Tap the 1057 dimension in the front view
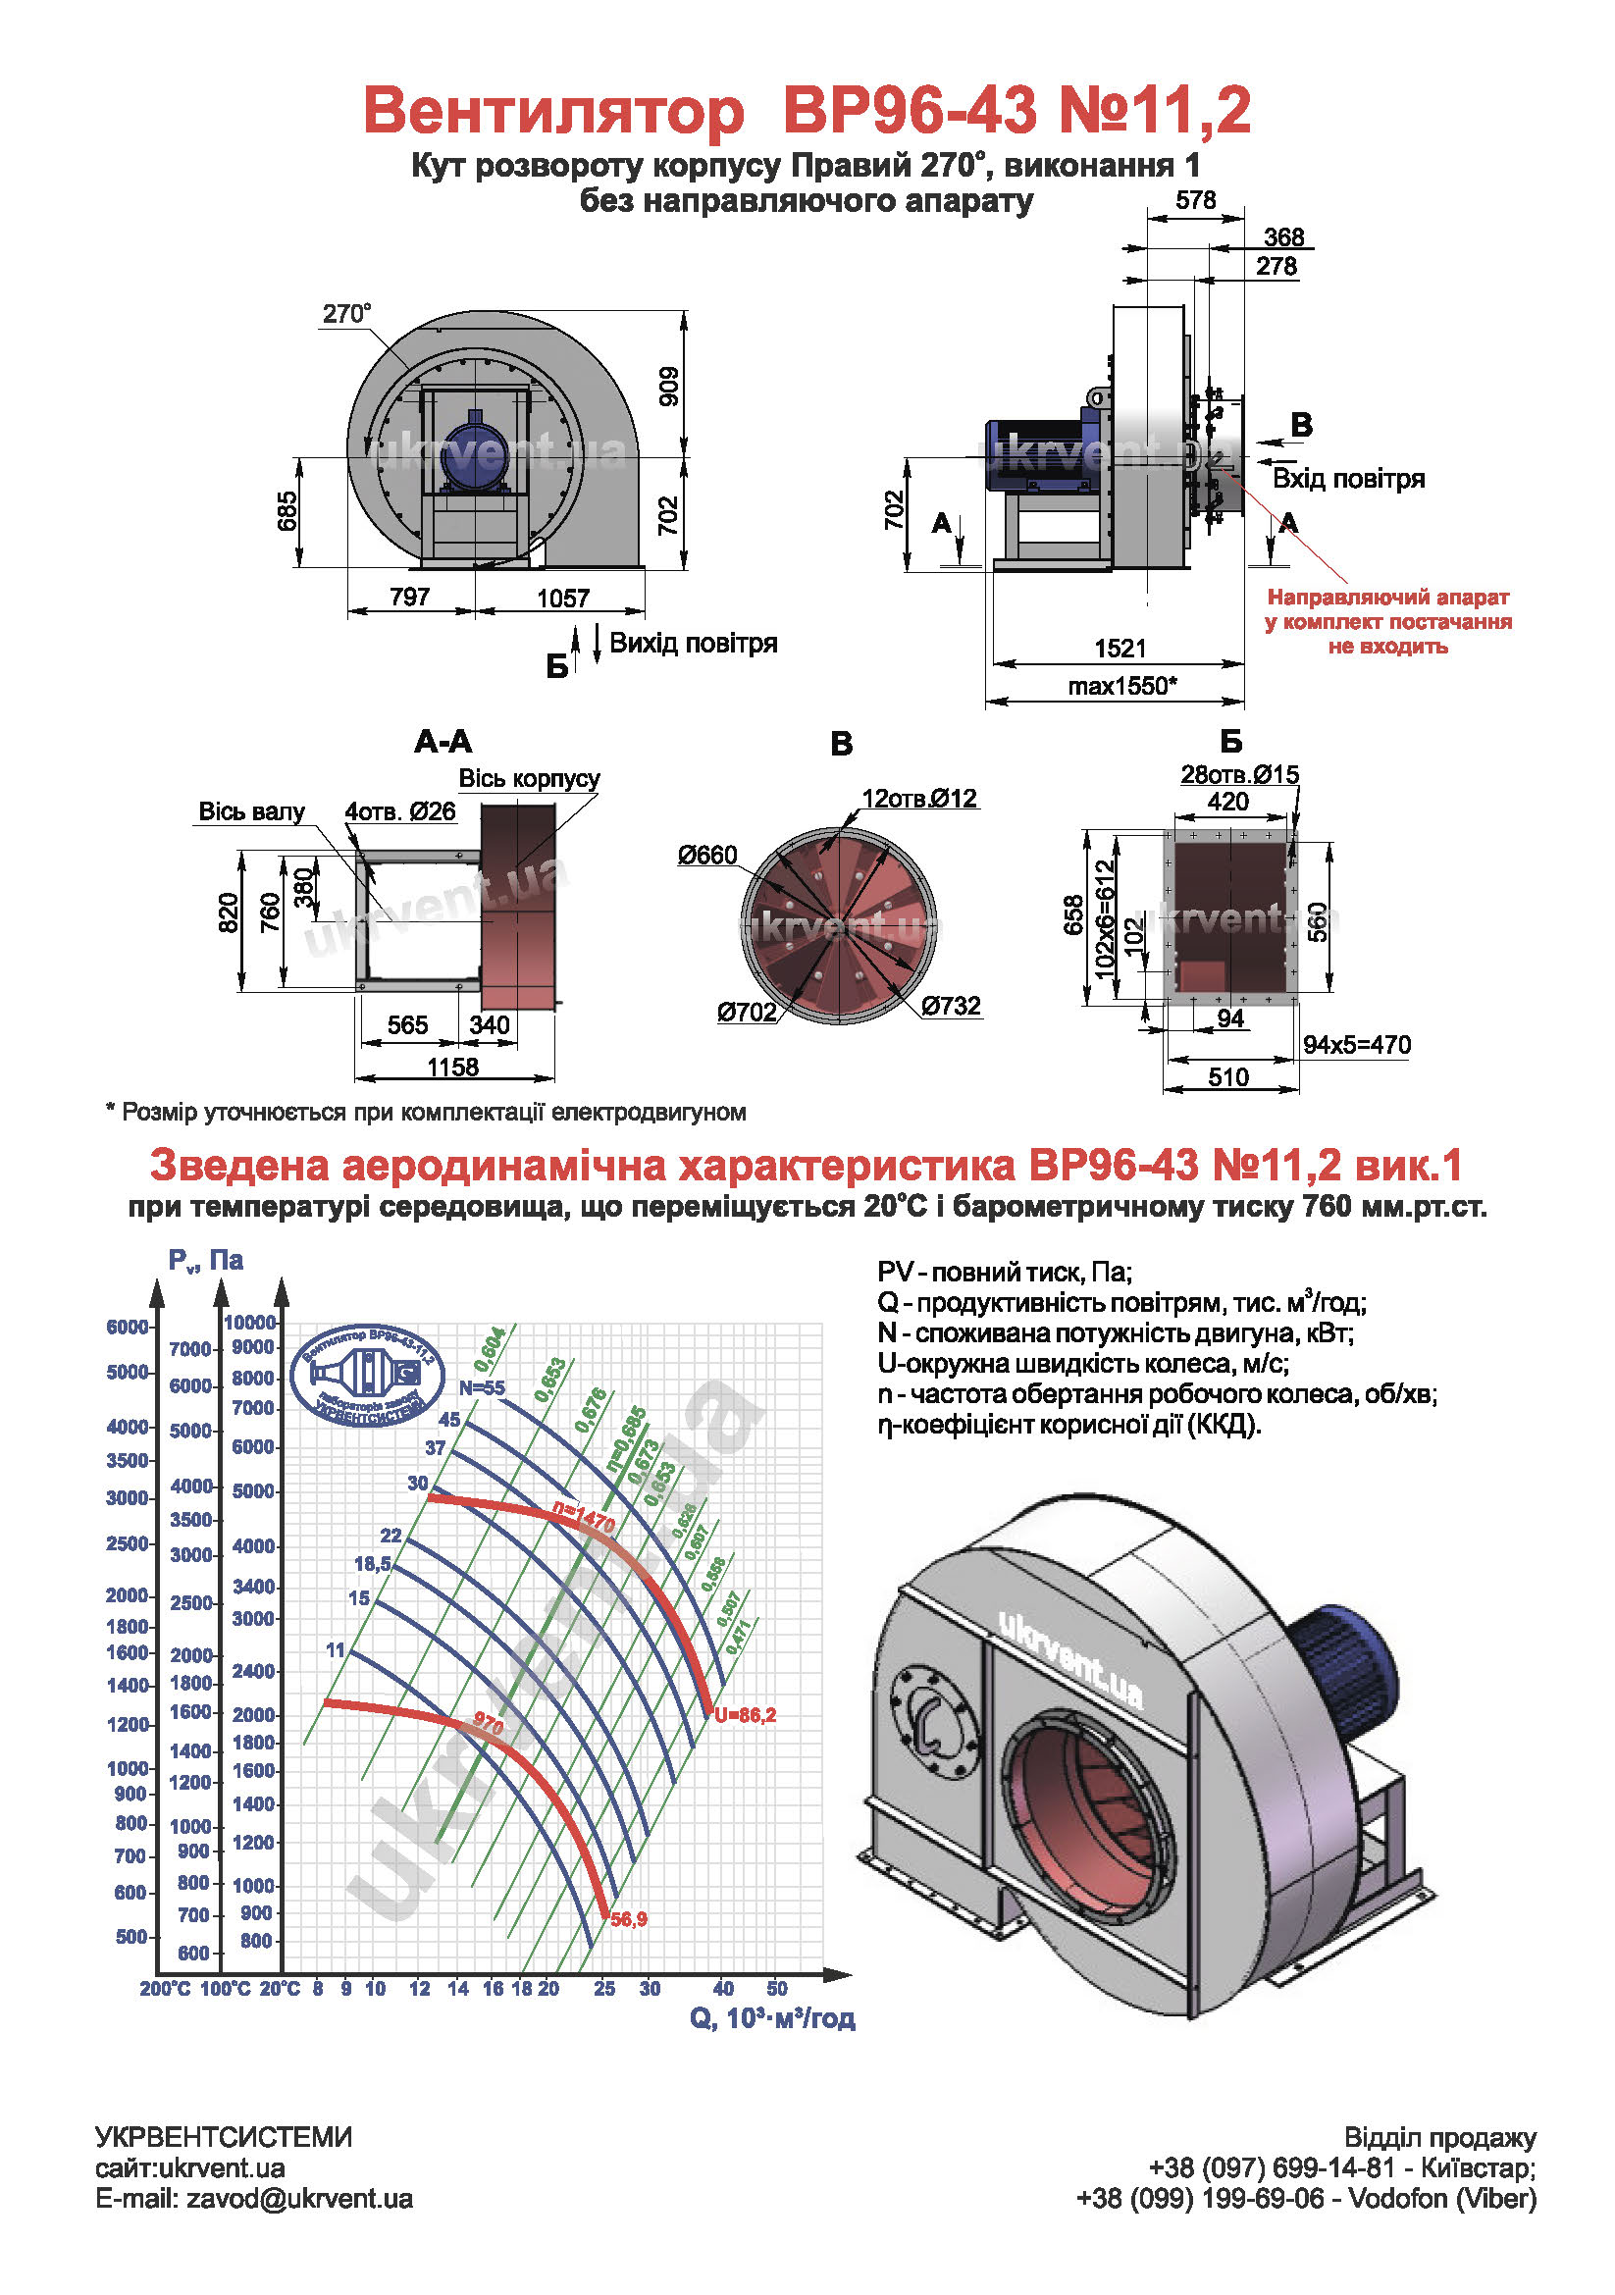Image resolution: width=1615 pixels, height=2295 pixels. pyautogui.click(x=562, y=598)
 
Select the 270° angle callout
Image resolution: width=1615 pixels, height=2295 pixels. pyautogui.click(x=345, y=314)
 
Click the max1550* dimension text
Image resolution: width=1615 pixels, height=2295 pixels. pyautogui.click(x=1122, y=687)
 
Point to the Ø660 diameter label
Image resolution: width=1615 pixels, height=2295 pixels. pyautogui.click(x=706, y=856)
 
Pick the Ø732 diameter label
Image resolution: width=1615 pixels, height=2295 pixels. pyautogui.click(x=951, y=1006)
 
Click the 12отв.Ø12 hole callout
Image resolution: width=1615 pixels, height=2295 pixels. pyautogui.click(x=919, y=799)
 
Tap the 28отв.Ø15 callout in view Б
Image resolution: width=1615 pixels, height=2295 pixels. pyautogui.click(x=1239, y=775)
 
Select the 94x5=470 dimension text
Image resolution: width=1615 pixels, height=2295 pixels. pyautogui.click(x=1356, y=1045)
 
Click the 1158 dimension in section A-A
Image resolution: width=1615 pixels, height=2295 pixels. pyautogui.click(x=452, y=1067)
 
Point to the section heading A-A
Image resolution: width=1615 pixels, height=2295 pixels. pyautogui.click(x=443, y=742)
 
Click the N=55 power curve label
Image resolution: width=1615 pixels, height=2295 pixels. pyautogui.click(x=482, y=1387)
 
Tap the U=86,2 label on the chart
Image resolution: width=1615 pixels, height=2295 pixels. pyautogui.click(x=745, y=1715)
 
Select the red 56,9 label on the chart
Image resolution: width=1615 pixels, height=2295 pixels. pyautogui.click(x=629, y=1919)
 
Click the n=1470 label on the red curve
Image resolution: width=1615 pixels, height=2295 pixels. pyautogui.click(x=584, y=1519)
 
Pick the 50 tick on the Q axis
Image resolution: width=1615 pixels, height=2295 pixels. pyautogui.click(x=776, y=1989)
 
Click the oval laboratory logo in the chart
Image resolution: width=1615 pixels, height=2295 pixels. pyautogui.click(x=368, y=1375)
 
